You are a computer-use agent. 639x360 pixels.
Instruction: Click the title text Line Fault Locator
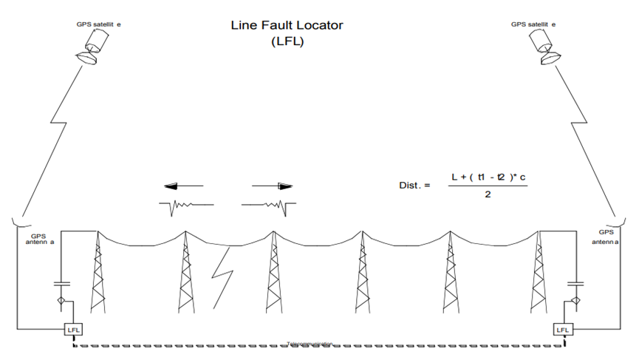click(287, 26)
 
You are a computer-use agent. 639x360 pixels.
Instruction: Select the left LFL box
click(75, 328)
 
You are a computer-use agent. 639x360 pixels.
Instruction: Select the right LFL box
click(563, 328)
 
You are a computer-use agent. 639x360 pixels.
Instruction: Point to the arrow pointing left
click(183, 186)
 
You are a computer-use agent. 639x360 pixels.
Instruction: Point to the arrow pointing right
click(273, 186)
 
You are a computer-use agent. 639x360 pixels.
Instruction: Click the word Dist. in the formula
click(414, 185)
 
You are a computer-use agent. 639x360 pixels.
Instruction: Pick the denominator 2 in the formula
click(488, 194)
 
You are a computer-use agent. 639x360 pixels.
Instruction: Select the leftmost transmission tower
click(98, 274)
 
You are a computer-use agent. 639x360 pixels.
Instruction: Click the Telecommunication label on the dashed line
click(310, 344)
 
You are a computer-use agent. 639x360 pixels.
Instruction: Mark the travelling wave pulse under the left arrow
click(186, 206)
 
